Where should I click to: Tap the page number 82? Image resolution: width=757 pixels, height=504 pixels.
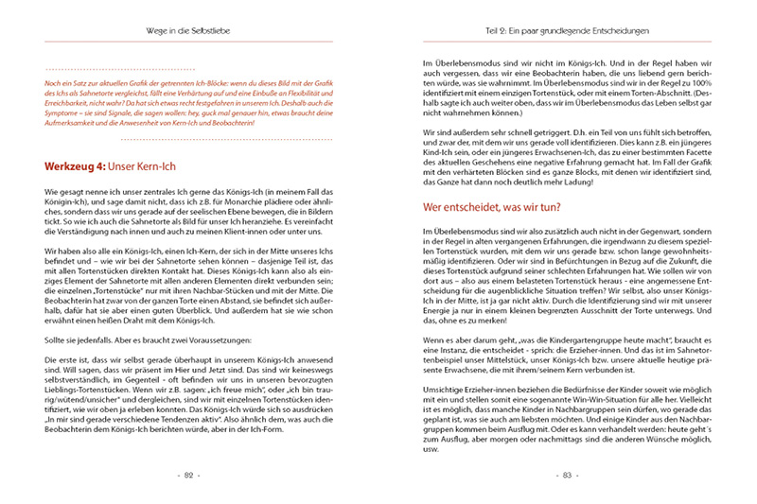(188, 475)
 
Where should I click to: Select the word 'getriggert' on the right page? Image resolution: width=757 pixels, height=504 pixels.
(520, 130)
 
